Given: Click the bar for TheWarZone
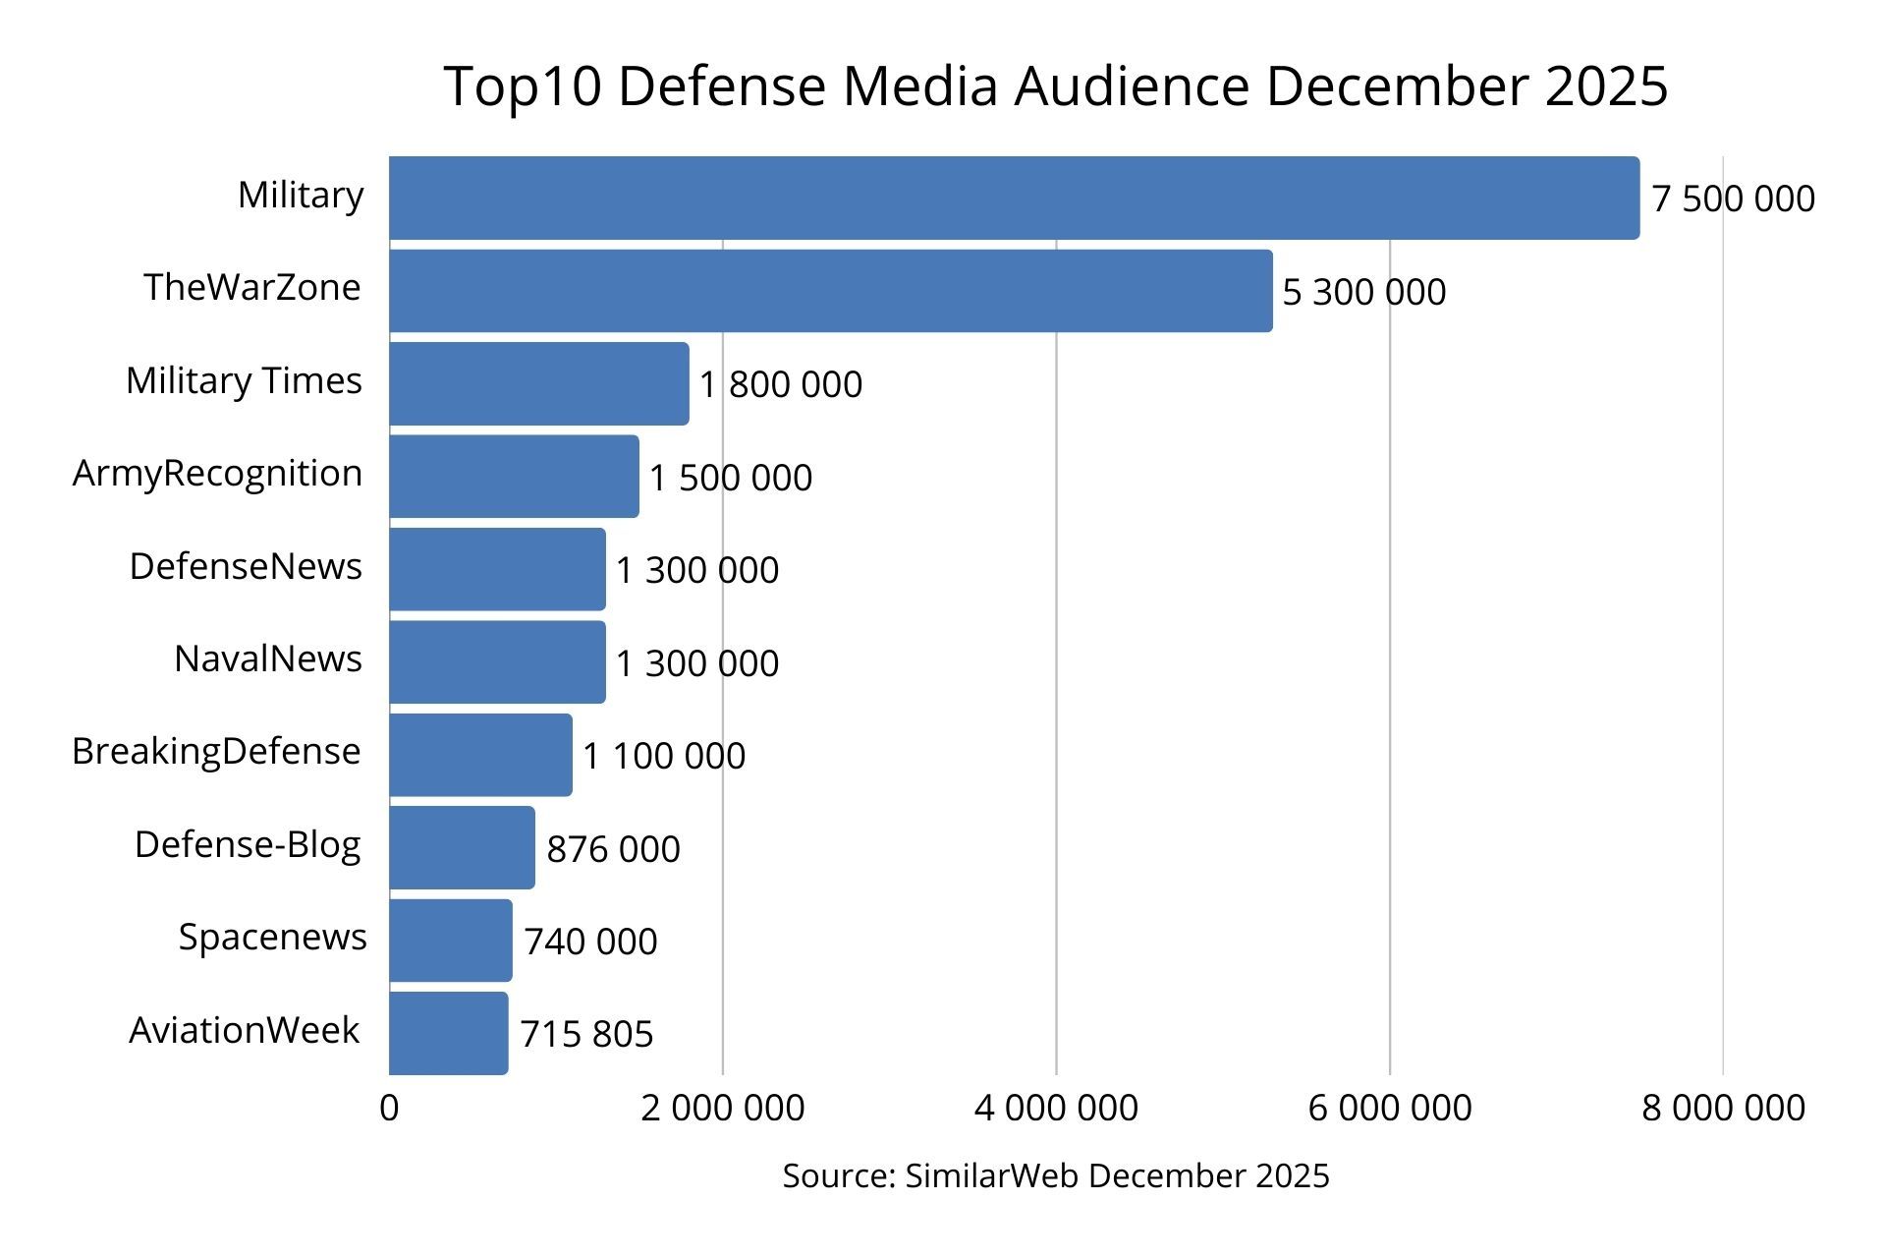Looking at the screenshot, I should point(830,291).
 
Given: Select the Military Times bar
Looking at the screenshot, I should point(538,383).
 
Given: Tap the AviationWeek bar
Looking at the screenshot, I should point(448,1033).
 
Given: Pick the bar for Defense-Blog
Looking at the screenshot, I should point(462,847).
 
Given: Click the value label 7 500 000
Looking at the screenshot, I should point(1733,199).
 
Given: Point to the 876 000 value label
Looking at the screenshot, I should point(613,849).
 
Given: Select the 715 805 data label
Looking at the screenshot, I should point(586,1034).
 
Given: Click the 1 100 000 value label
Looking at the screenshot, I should point(664,756).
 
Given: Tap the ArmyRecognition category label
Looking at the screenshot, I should point(217,474).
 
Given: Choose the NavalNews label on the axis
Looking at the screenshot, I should point(267,658).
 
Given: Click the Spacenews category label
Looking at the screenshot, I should point(272,937).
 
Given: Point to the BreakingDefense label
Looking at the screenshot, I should point(216,751).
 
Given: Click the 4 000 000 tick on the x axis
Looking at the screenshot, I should point(1056,1108).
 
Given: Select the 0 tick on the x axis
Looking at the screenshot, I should point(389,1108).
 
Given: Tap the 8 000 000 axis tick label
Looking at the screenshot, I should point(1723,1108).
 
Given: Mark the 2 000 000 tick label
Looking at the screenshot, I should point(722,1108).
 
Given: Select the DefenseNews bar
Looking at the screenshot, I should point(497,569).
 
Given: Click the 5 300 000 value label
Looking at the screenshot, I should point(1363,292).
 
